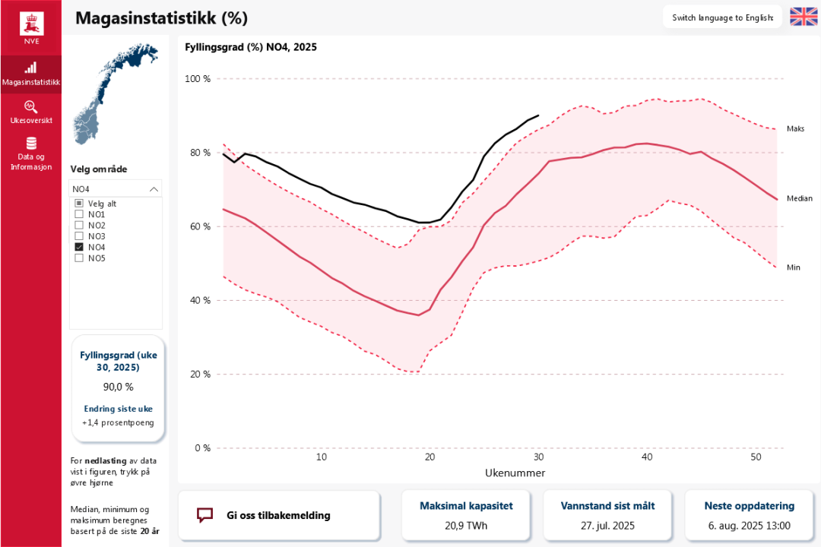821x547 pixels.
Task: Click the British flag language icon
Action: [804, 17]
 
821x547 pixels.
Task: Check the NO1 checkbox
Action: [79, 214]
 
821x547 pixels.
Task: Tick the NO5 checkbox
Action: [79, 258]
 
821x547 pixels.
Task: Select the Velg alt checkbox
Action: [79, 204]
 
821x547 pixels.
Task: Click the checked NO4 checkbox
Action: [79, 247]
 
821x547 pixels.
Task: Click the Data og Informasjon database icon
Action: [31, 144]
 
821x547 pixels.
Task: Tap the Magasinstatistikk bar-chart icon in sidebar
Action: [31, 68]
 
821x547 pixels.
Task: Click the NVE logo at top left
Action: [31, 24]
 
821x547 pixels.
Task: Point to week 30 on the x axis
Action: [538, 457]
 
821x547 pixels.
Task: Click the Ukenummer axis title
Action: [515, 473]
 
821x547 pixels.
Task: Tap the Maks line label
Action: [795, 129]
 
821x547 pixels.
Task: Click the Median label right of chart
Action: [799, 198]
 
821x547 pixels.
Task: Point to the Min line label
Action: [794, 267]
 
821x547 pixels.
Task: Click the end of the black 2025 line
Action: [538, 115]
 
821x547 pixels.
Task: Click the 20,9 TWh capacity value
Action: [467, 526]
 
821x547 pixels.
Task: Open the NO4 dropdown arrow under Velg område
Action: [154, 189]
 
